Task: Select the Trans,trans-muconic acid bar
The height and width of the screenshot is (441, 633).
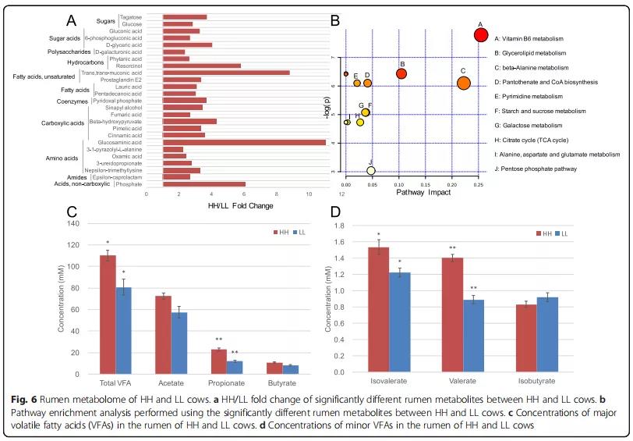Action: coord(225,73)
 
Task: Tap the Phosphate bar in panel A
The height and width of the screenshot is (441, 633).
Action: coord(203,184)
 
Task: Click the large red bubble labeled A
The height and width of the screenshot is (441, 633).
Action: coord(481,34)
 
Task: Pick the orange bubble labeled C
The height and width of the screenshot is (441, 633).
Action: coord(464,83)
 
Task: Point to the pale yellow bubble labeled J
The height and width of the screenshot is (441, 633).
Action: coord(371,170)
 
